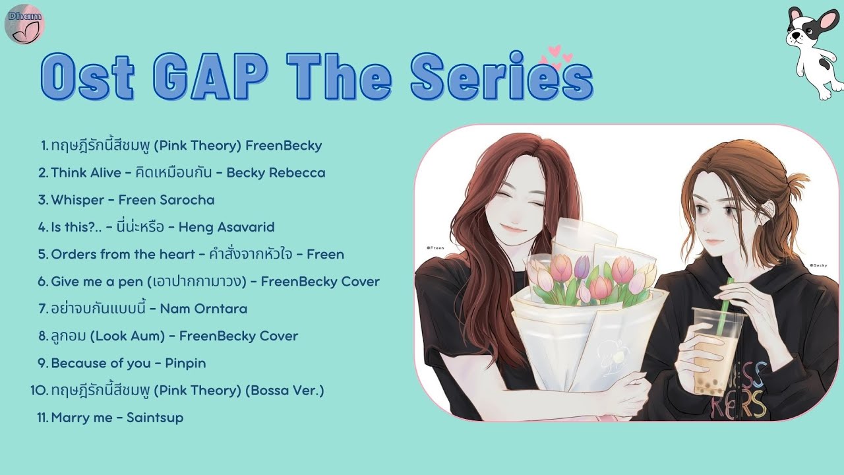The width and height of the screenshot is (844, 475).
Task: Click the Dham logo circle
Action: pyautogui.click(x=24, y=24)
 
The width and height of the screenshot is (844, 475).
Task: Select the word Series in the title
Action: pyautogui.click(x=502, y=76)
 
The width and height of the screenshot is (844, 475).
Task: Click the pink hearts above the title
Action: pyautogui.click(x=556, y=57)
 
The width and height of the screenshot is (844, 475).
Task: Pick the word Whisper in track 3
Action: pyautogui.click(x=77, y=200)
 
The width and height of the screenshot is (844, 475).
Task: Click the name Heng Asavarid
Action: pyautogui.click(x=226, y=228)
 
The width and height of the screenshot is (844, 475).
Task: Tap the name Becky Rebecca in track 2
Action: pyautogui.click(x=276, y=173)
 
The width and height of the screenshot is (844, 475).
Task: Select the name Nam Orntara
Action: pyautogui.click(x=204, y=309)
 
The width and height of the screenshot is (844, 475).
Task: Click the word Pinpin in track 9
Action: pyautogui.click(x=185, y=364)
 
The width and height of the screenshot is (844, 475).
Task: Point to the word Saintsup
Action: pyautogui.click(x=155, y=418)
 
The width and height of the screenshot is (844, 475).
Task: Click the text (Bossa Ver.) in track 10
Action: pyautogui.click(x=285, y=391)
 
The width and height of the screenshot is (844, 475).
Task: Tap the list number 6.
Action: pyautogui.click(x=43, y=282)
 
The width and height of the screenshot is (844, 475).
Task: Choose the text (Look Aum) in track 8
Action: pyautogui.click(x=127, y=336)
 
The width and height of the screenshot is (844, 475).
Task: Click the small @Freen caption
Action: pyautogui.click(x=435, y=248)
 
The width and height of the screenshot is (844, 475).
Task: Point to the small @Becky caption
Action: pyautogui.click(x=818, y=265)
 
